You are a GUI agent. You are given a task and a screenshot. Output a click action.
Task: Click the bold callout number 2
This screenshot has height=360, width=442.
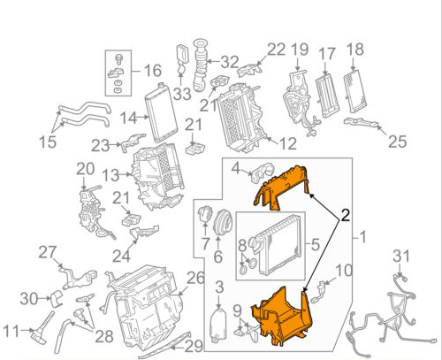(344, 213)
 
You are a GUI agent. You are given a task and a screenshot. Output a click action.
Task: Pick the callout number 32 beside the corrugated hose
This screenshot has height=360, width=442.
(229, 62)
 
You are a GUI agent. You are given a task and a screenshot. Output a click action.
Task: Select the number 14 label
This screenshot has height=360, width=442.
(127, 118)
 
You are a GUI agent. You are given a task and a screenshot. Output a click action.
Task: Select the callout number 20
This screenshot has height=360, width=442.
(84, 169)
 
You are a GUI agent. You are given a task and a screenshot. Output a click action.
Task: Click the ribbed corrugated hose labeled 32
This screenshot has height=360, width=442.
(202, 66)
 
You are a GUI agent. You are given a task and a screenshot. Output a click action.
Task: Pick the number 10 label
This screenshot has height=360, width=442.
(344, 270)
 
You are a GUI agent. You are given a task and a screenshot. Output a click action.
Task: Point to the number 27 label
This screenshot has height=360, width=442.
(47, 253)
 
